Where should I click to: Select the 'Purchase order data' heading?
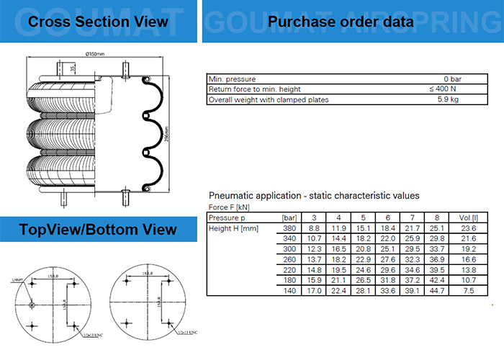point(341,22)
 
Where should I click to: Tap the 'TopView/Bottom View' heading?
point(98,230)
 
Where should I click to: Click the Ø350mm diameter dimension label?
point(96,55)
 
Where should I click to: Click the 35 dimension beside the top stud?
point(73,68)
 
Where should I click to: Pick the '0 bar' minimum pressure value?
point(451,78)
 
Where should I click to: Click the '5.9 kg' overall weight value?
point(449,99)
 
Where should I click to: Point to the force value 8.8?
point(315,228)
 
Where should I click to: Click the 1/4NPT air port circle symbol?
point(34,305)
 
